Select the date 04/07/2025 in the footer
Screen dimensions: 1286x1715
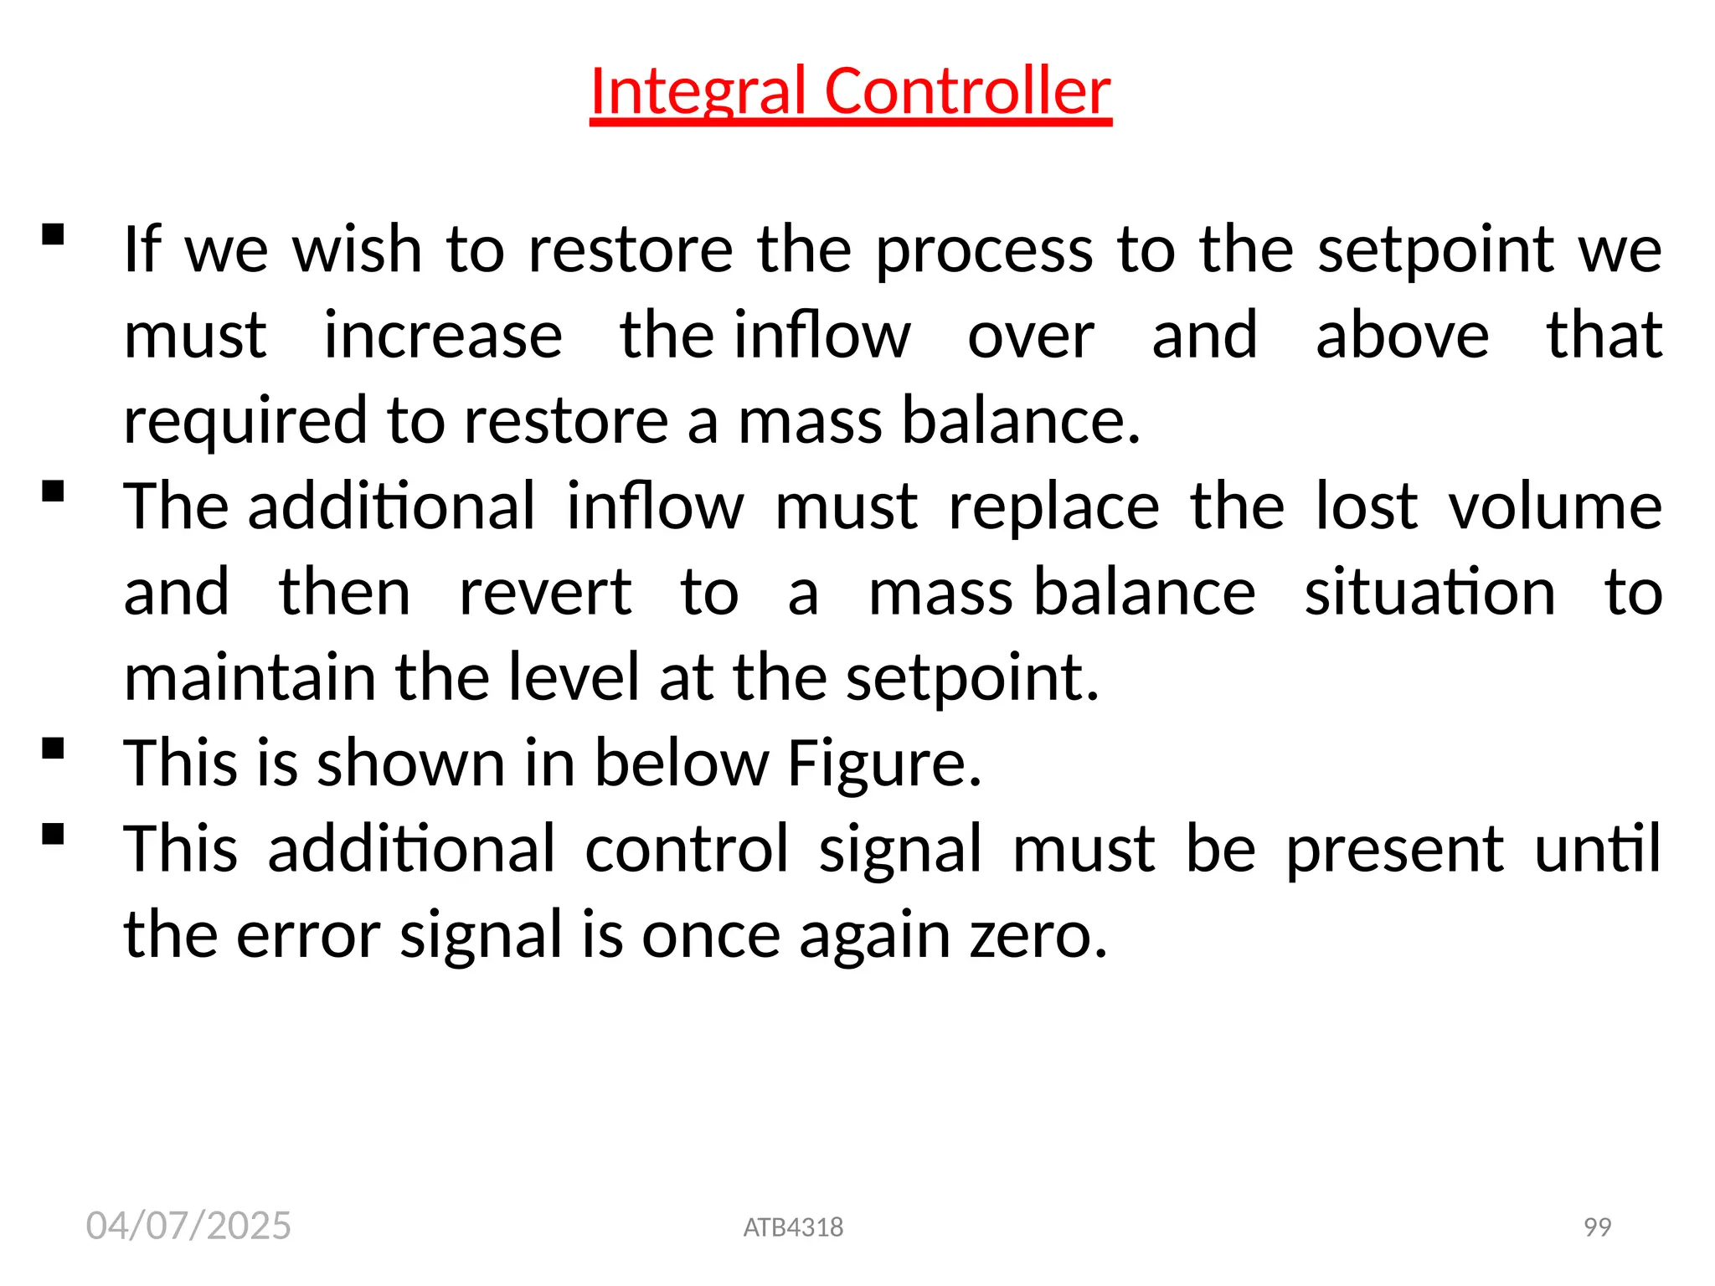pyautogui.click(x=188, y=1226)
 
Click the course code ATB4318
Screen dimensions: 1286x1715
pyautogui.click(x=793, y=1227)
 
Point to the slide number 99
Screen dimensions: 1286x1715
pyautogui.click(x=1598, y=1227)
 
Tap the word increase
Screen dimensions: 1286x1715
pyautogui.click(x=443, y=335)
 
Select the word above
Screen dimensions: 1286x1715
pyautogui.click(x=1402, y=335)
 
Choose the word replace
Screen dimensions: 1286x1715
pyautogui.click(x=1053, y=507)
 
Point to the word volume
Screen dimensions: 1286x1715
pyautogui.click(x=1555, y=507)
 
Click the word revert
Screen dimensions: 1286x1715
pyautogui.click(x=545, y=593)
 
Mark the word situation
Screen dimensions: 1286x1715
pyautogui.click(x=1429, y=593)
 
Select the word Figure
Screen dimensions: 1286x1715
pyautogui.click(x=884, y=764)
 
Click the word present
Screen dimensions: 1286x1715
pyautogui.click(x=1394, y=849)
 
